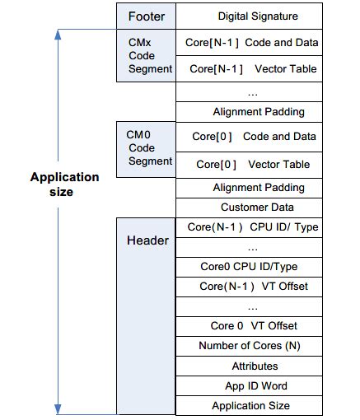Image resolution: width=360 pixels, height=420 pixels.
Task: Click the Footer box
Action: tap(146, 16)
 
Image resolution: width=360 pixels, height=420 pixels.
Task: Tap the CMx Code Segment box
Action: tap(146, 56)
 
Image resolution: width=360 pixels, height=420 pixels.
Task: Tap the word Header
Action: tap(147, 240)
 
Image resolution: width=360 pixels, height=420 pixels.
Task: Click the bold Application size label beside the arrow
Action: tap(64, 184)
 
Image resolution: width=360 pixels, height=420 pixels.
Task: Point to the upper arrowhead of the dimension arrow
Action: tap(58, 35)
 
